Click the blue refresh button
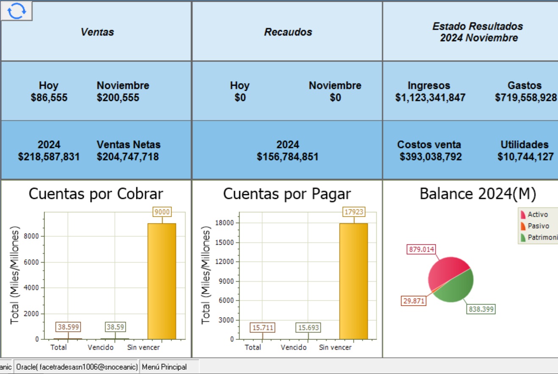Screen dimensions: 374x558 (17, 11)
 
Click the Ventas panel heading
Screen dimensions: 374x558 (97, 32)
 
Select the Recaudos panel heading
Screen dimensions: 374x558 (288, 32)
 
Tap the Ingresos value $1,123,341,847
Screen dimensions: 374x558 (430, 98)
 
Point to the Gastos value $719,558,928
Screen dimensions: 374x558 (526, 98)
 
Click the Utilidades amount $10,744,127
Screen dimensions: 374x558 (525, 157)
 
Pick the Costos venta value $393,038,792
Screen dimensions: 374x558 (431, 157)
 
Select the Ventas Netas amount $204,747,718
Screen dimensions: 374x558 (127, 157)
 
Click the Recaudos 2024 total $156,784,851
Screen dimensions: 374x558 (287, 157)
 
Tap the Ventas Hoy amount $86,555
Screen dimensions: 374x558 (49, 98)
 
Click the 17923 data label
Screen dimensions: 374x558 (354, 212)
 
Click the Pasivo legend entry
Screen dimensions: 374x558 (538, 226)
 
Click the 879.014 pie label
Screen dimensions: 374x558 (421, 249)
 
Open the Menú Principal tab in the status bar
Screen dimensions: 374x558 (164, 367)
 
